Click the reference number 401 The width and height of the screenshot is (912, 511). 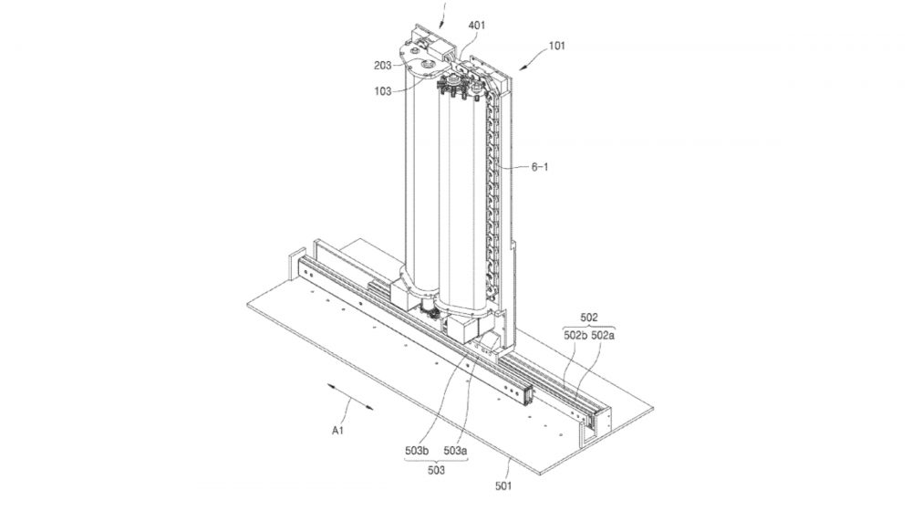pos(477,26)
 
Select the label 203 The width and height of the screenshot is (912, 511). pos(382,65)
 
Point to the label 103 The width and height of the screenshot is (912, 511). pos(382,90)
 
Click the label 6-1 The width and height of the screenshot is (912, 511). pos(543,167)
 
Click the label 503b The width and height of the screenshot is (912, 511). pos(420,450)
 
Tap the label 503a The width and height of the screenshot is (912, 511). pos(456,450)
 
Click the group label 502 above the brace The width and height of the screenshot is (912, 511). pos(589,317)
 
